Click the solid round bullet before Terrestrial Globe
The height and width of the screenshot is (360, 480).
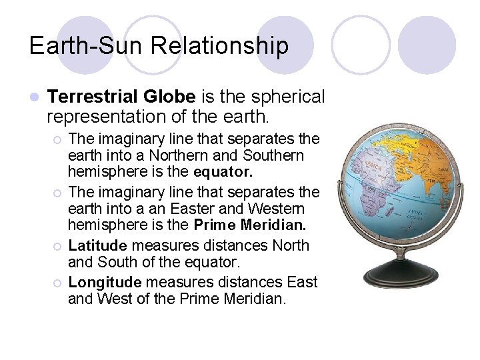point(35,97)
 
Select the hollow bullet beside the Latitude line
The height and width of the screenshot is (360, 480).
point(58,246)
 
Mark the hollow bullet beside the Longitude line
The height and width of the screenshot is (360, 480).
point(58,283)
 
